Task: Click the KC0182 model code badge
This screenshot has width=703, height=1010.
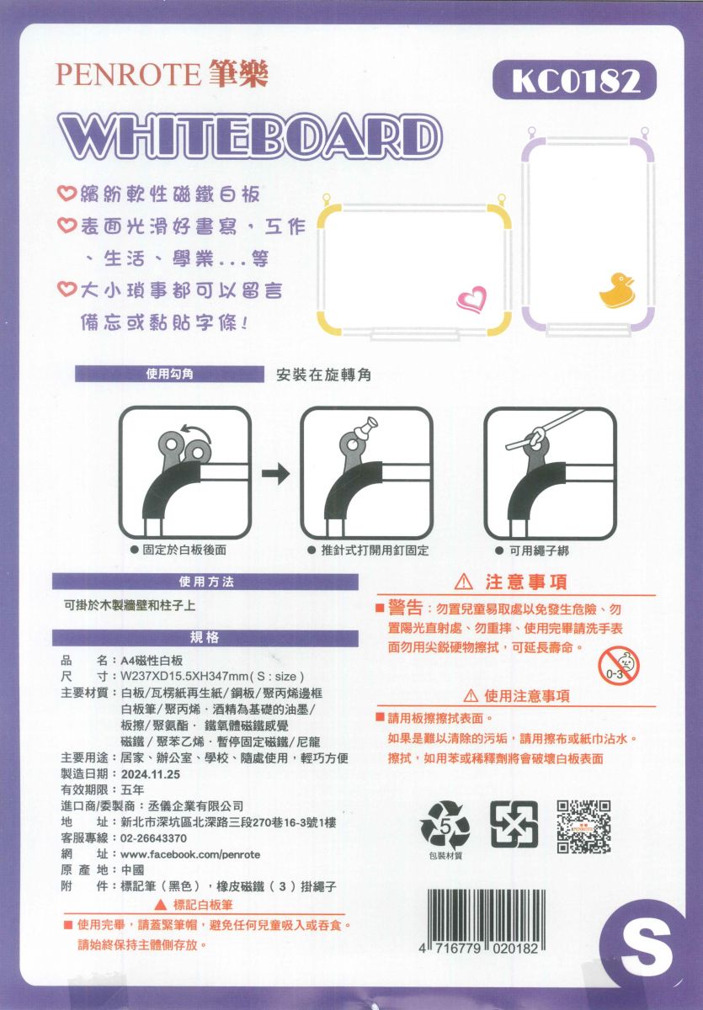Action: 574,81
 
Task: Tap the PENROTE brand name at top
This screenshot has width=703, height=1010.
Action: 128,74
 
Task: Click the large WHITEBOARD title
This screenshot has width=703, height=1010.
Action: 248,136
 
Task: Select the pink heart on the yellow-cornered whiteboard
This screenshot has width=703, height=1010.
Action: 471,300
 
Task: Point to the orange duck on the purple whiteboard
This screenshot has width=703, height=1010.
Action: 616,291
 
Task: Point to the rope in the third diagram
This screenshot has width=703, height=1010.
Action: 545,429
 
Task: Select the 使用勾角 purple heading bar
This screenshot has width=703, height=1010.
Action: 169,375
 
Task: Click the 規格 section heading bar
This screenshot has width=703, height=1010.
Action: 205,638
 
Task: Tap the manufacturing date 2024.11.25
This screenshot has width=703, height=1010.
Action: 151,774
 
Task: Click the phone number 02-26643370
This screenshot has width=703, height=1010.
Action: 154,838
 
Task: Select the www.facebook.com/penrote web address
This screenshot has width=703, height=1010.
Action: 190,854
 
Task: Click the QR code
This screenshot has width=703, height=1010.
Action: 583,827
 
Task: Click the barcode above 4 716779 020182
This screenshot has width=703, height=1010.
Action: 486,915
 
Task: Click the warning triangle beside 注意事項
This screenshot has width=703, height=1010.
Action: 464,582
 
